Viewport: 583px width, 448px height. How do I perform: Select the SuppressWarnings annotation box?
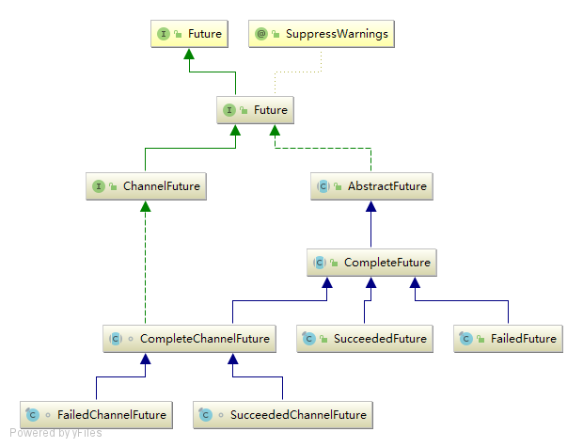[322, 35]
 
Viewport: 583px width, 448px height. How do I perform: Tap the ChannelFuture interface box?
[145, 186]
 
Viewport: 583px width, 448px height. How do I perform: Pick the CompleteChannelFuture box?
[189, 339]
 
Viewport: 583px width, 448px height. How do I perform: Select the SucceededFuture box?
[364, 339]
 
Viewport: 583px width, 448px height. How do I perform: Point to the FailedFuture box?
[508, 339]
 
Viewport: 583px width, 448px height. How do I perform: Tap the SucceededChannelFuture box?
[282, 414]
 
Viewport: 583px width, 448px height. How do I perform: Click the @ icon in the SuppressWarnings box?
[261, 35]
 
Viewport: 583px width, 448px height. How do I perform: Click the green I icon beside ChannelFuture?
[98, 186]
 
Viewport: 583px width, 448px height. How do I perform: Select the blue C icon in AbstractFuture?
[324, 186]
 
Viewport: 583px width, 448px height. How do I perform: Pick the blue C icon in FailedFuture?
[467, 339]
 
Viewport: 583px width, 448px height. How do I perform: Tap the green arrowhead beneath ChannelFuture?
[145, 206]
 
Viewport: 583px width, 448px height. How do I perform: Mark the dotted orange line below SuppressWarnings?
[322, 62]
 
